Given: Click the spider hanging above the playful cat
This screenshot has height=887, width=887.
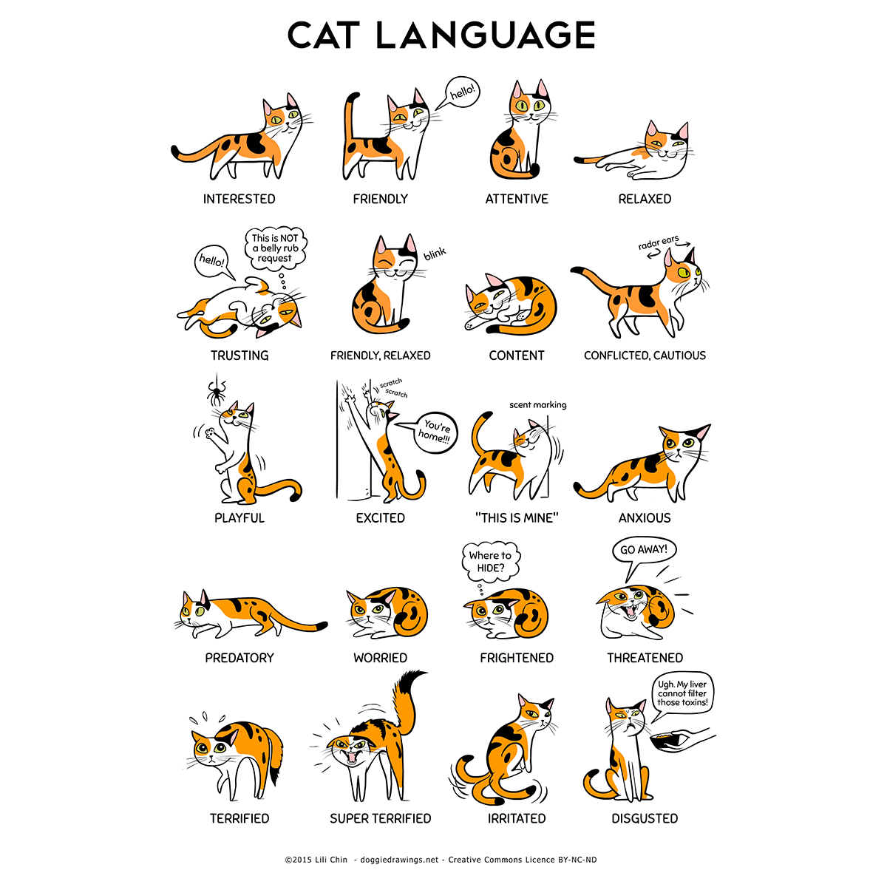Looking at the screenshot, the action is tap(217, 392).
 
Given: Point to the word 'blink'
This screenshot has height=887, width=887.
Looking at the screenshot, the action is tap(435, 254).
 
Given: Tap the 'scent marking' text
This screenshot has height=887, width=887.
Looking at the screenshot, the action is tap(537, 405).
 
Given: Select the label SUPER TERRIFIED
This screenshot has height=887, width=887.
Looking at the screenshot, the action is tap(380, 818).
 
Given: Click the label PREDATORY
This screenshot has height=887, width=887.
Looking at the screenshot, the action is tap(239, 658).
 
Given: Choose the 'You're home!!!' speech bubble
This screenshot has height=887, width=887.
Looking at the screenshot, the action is tap(435, 432).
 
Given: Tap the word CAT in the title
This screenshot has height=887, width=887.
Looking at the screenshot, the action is tap(324, 35).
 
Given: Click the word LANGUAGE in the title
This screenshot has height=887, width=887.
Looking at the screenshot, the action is tap(486, 35).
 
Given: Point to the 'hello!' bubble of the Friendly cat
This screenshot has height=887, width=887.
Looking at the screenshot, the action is tap(459, 92).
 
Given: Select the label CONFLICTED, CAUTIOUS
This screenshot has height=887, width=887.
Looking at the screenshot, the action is tap(645, 356).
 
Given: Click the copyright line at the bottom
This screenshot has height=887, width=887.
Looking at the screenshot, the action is tap(441, 860).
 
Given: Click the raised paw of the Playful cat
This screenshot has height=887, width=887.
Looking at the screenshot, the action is tap(211, 432).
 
